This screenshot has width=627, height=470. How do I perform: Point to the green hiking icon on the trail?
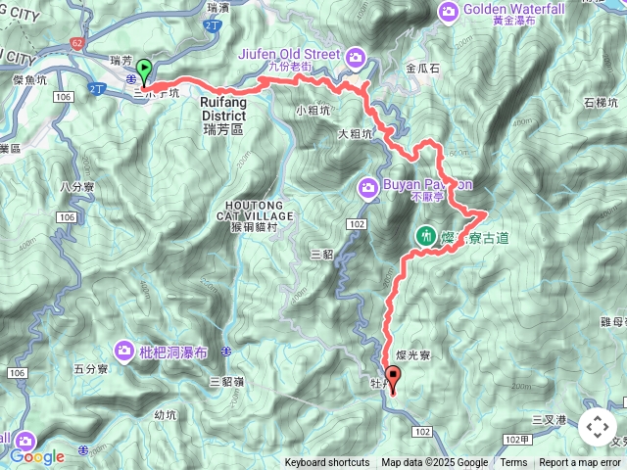[x=427, y=235]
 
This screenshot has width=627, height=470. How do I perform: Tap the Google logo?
[x=37, y=456]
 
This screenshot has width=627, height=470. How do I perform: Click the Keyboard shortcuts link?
[x=327, y=463]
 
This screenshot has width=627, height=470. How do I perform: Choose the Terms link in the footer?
[x=513, y=463]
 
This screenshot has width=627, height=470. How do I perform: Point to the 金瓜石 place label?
[x=422, y=70]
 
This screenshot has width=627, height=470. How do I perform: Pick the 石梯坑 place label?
[x=601, y=102]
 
